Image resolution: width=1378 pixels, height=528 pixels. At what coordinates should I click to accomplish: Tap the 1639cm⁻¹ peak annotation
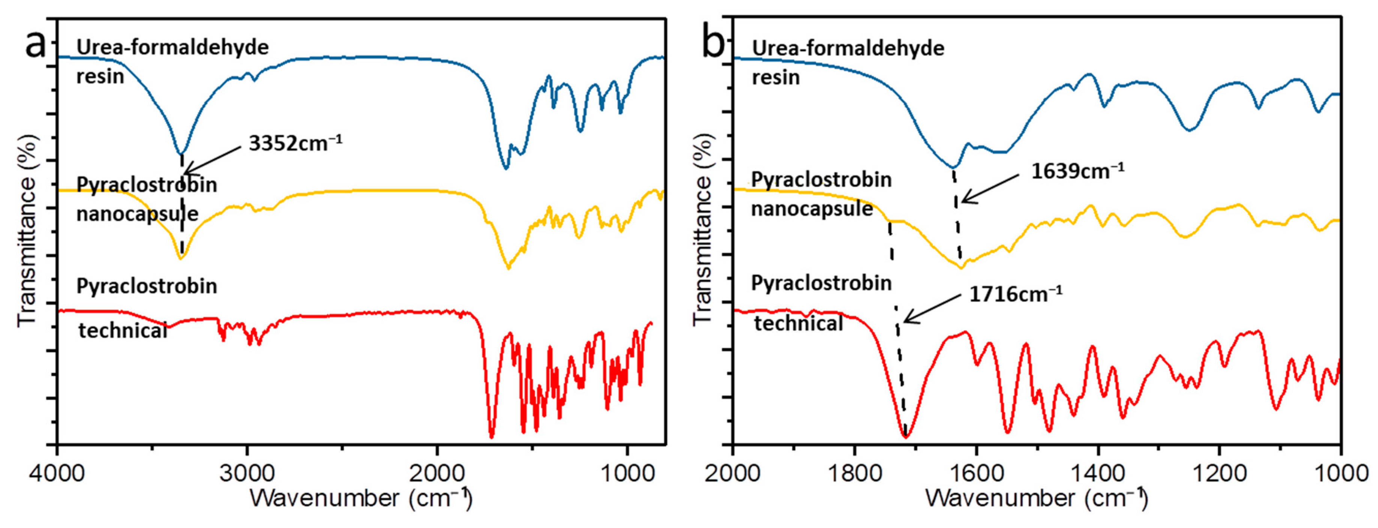pyautogui.click(x=1077, y=171)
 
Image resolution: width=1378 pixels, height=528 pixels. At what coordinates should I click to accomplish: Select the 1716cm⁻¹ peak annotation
pyautogui.click(x=1015, y=294)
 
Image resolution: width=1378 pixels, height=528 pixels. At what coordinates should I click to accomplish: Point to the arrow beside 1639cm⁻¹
pyautogui.click(x=990, y=189)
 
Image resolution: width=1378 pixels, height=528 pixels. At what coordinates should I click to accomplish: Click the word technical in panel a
pyautogui.click(x=123, y=331)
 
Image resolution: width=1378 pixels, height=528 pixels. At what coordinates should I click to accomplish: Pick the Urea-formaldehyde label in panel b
pyautogui.click(x=848, y=49)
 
